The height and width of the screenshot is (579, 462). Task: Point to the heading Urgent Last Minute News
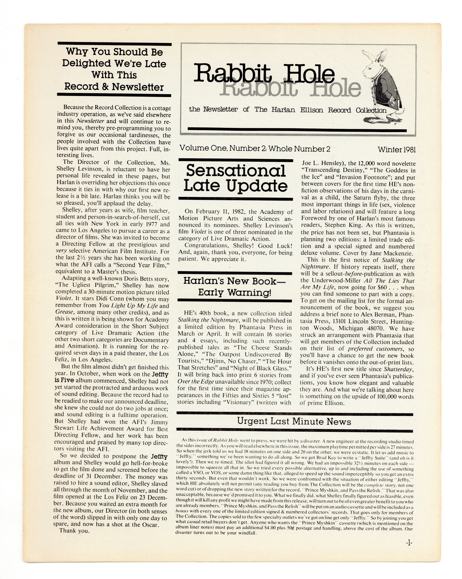[x=294, y=421]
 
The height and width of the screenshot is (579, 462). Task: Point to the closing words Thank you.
[x=74, y=531]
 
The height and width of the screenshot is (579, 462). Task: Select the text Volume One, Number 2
[x=223, y=149]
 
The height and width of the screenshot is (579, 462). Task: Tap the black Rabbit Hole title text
[x=264, y=73]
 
